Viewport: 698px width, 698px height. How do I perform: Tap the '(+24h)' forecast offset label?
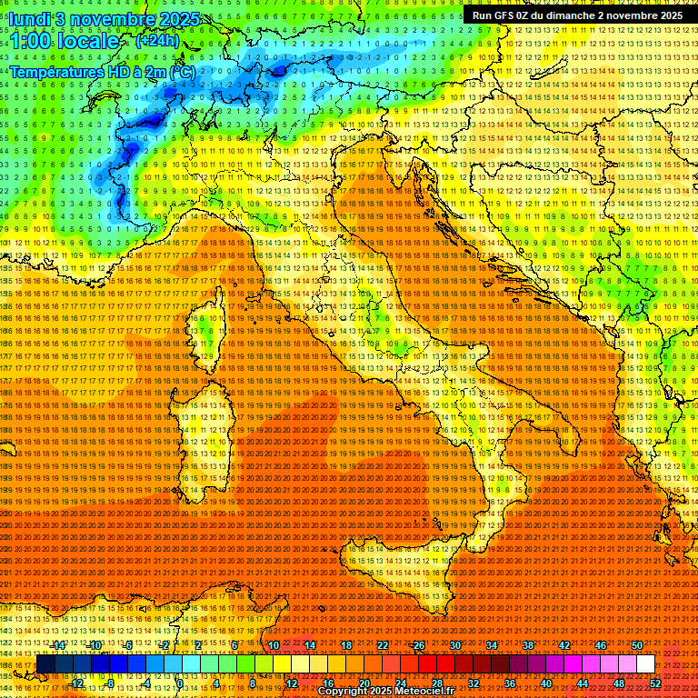(x=157, y=41)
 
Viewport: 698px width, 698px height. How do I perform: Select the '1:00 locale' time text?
(x=64, y=41)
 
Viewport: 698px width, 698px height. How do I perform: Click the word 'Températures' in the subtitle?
(x=56, y=71)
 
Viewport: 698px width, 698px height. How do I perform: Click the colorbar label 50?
(x=637, y=645)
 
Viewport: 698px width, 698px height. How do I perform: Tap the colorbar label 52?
(x=655, y=683)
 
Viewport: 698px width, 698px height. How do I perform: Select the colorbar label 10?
(x=274, y=645)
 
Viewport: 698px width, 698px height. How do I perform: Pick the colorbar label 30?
(x=455, y=645)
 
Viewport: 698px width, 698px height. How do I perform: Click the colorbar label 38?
(x=528, y=645)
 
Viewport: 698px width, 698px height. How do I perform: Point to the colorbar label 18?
(x=346, y=645)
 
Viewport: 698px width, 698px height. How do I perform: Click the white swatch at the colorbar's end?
(x=645, y=664)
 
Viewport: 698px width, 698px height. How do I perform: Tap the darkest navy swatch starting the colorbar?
(x=45, y=664)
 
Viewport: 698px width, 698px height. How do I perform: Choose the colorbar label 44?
(x=583, y=683)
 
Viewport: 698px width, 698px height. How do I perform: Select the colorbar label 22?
(x=383, y=645)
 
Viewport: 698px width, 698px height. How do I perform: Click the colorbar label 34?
(x=492, y=645)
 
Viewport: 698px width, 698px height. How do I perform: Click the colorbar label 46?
(x=601, y=645)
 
